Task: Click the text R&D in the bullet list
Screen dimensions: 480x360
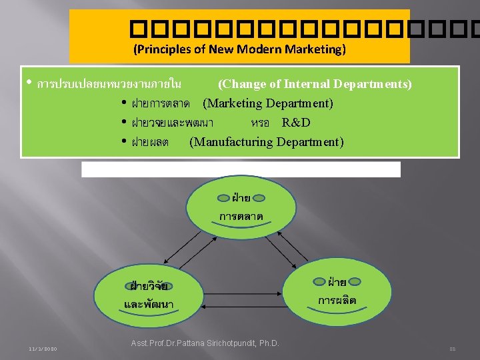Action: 296,123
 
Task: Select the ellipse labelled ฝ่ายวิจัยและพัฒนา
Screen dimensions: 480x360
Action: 150,294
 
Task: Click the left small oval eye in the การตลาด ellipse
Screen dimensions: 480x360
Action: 222,198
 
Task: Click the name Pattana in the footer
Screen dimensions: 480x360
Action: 186,343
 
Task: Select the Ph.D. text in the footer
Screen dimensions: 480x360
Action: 268,343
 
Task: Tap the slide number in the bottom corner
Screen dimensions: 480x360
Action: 452,349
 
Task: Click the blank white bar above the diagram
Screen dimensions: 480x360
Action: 241,169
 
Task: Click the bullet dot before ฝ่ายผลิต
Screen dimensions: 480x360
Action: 125,142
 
